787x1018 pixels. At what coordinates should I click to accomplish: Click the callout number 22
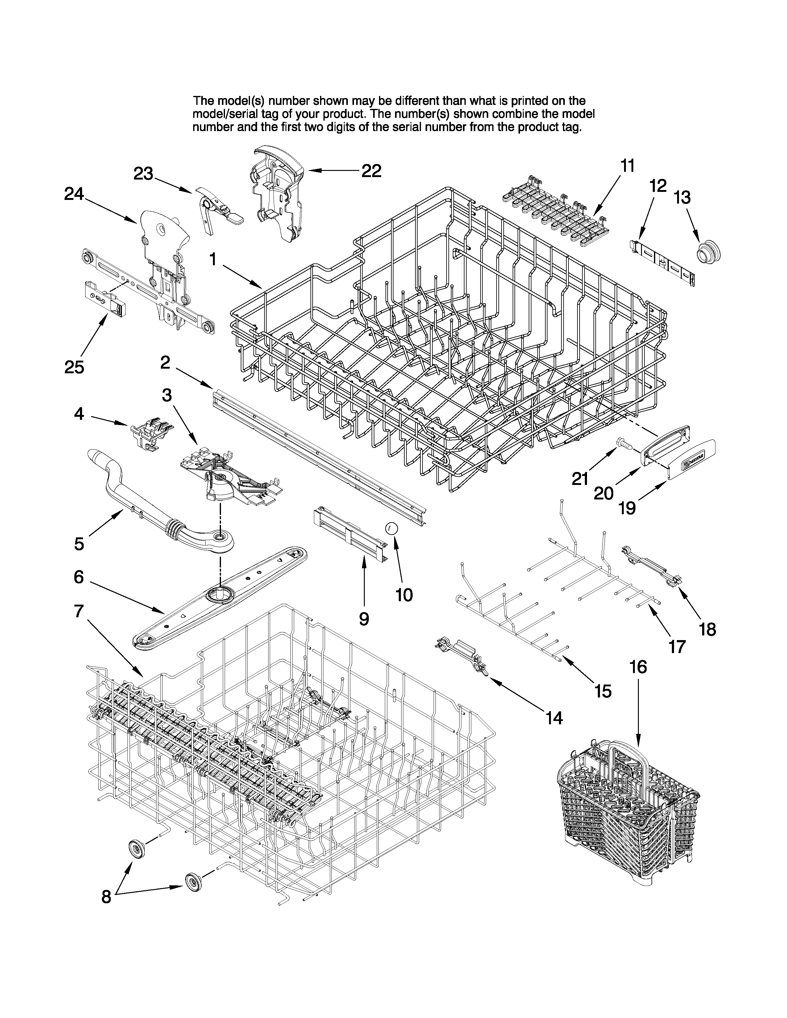372,171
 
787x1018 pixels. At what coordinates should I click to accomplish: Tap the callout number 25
74,367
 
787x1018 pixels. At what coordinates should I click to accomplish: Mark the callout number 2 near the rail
165,362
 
